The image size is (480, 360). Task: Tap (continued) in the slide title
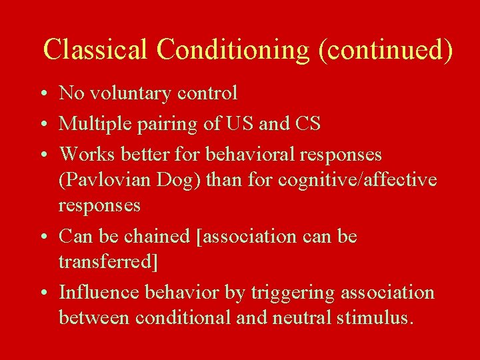coord(386,49)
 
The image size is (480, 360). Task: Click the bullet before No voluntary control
coord(41,94)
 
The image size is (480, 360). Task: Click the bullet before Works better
coord(41,155)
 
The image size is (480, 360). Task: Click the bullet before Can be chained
coord(41,237)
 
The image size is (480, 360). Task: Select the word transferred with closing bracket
coord(109,262)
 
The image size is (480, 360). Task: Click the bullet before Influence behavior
coord(41,293)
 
